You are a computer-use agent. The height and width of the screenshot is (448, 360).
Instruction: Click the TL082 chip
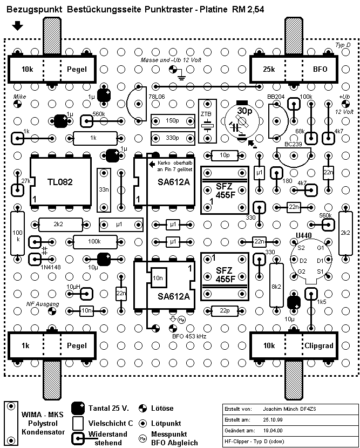click(x=60, y=182)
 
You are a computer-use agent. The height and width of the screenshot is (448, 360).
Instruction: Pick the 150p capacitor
click(x=173, y=120)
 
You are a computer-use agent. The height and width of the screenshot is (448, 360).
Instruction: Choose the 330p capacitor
click(x=173, y=138)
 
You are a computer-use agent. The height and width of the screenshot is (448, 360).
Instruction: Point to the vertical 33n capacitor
click(x=104, y=190)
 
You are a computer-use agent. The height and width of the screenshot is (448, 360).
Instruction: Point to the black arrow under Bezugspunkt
click(x=18, y=25)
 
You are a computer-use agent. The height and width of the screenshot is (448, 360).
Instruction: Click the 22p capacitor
click(x=223, y=310)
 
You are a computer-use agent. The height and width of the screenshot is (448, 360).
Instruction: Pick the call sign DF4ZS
click(x=307, y=409)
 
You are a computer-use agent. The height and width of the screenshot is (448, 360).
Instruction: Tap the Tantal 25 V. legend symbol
click(x=79, y=409)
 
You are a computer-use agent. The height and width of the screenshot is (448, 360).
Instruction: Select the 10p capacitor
click(x=223, y=155)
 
